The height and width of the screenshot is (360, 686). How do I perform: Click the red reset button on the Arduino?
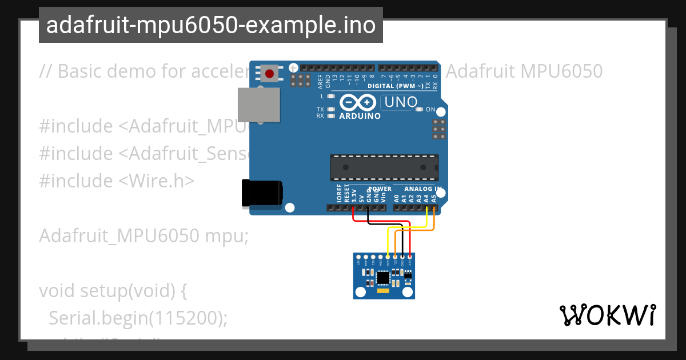270,73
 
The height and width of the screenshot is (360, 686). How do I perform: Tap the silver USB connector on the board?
258,105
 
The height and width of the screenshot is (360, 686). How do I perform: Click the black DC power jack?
261,193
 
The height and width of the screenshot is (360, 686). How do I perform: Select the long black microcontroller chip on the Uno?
384,167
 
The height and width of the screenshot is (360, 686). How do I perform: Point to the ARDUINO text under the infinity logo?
360,115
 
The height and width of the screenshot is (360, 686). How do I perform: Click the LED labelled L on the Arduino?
330,97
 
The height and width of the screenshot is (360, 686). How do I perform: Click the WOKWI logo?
608,315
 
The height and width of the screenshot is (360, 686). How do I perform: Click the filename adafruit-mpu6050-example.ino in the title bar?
210,25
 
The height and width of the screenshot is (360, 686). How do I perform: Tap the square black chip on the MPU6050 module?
384,278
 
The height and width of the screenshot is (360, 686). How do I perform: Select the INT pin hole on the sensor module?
358,257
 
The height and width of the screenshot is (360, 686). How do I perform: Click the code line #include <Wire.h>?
117,181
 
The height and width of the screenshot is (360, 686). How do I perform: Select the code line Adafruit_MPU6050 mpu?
143,235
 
